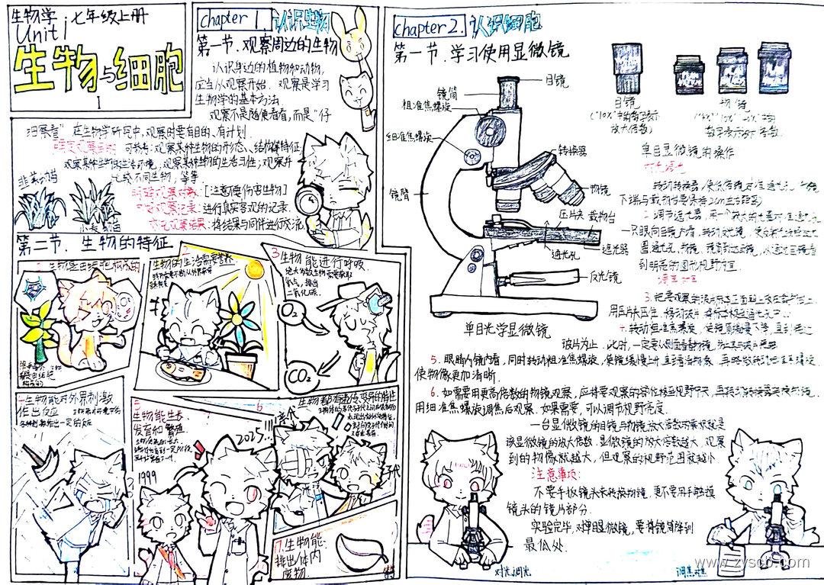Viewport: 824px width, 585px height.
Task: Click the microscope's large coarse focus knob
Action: pos(486,126)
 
